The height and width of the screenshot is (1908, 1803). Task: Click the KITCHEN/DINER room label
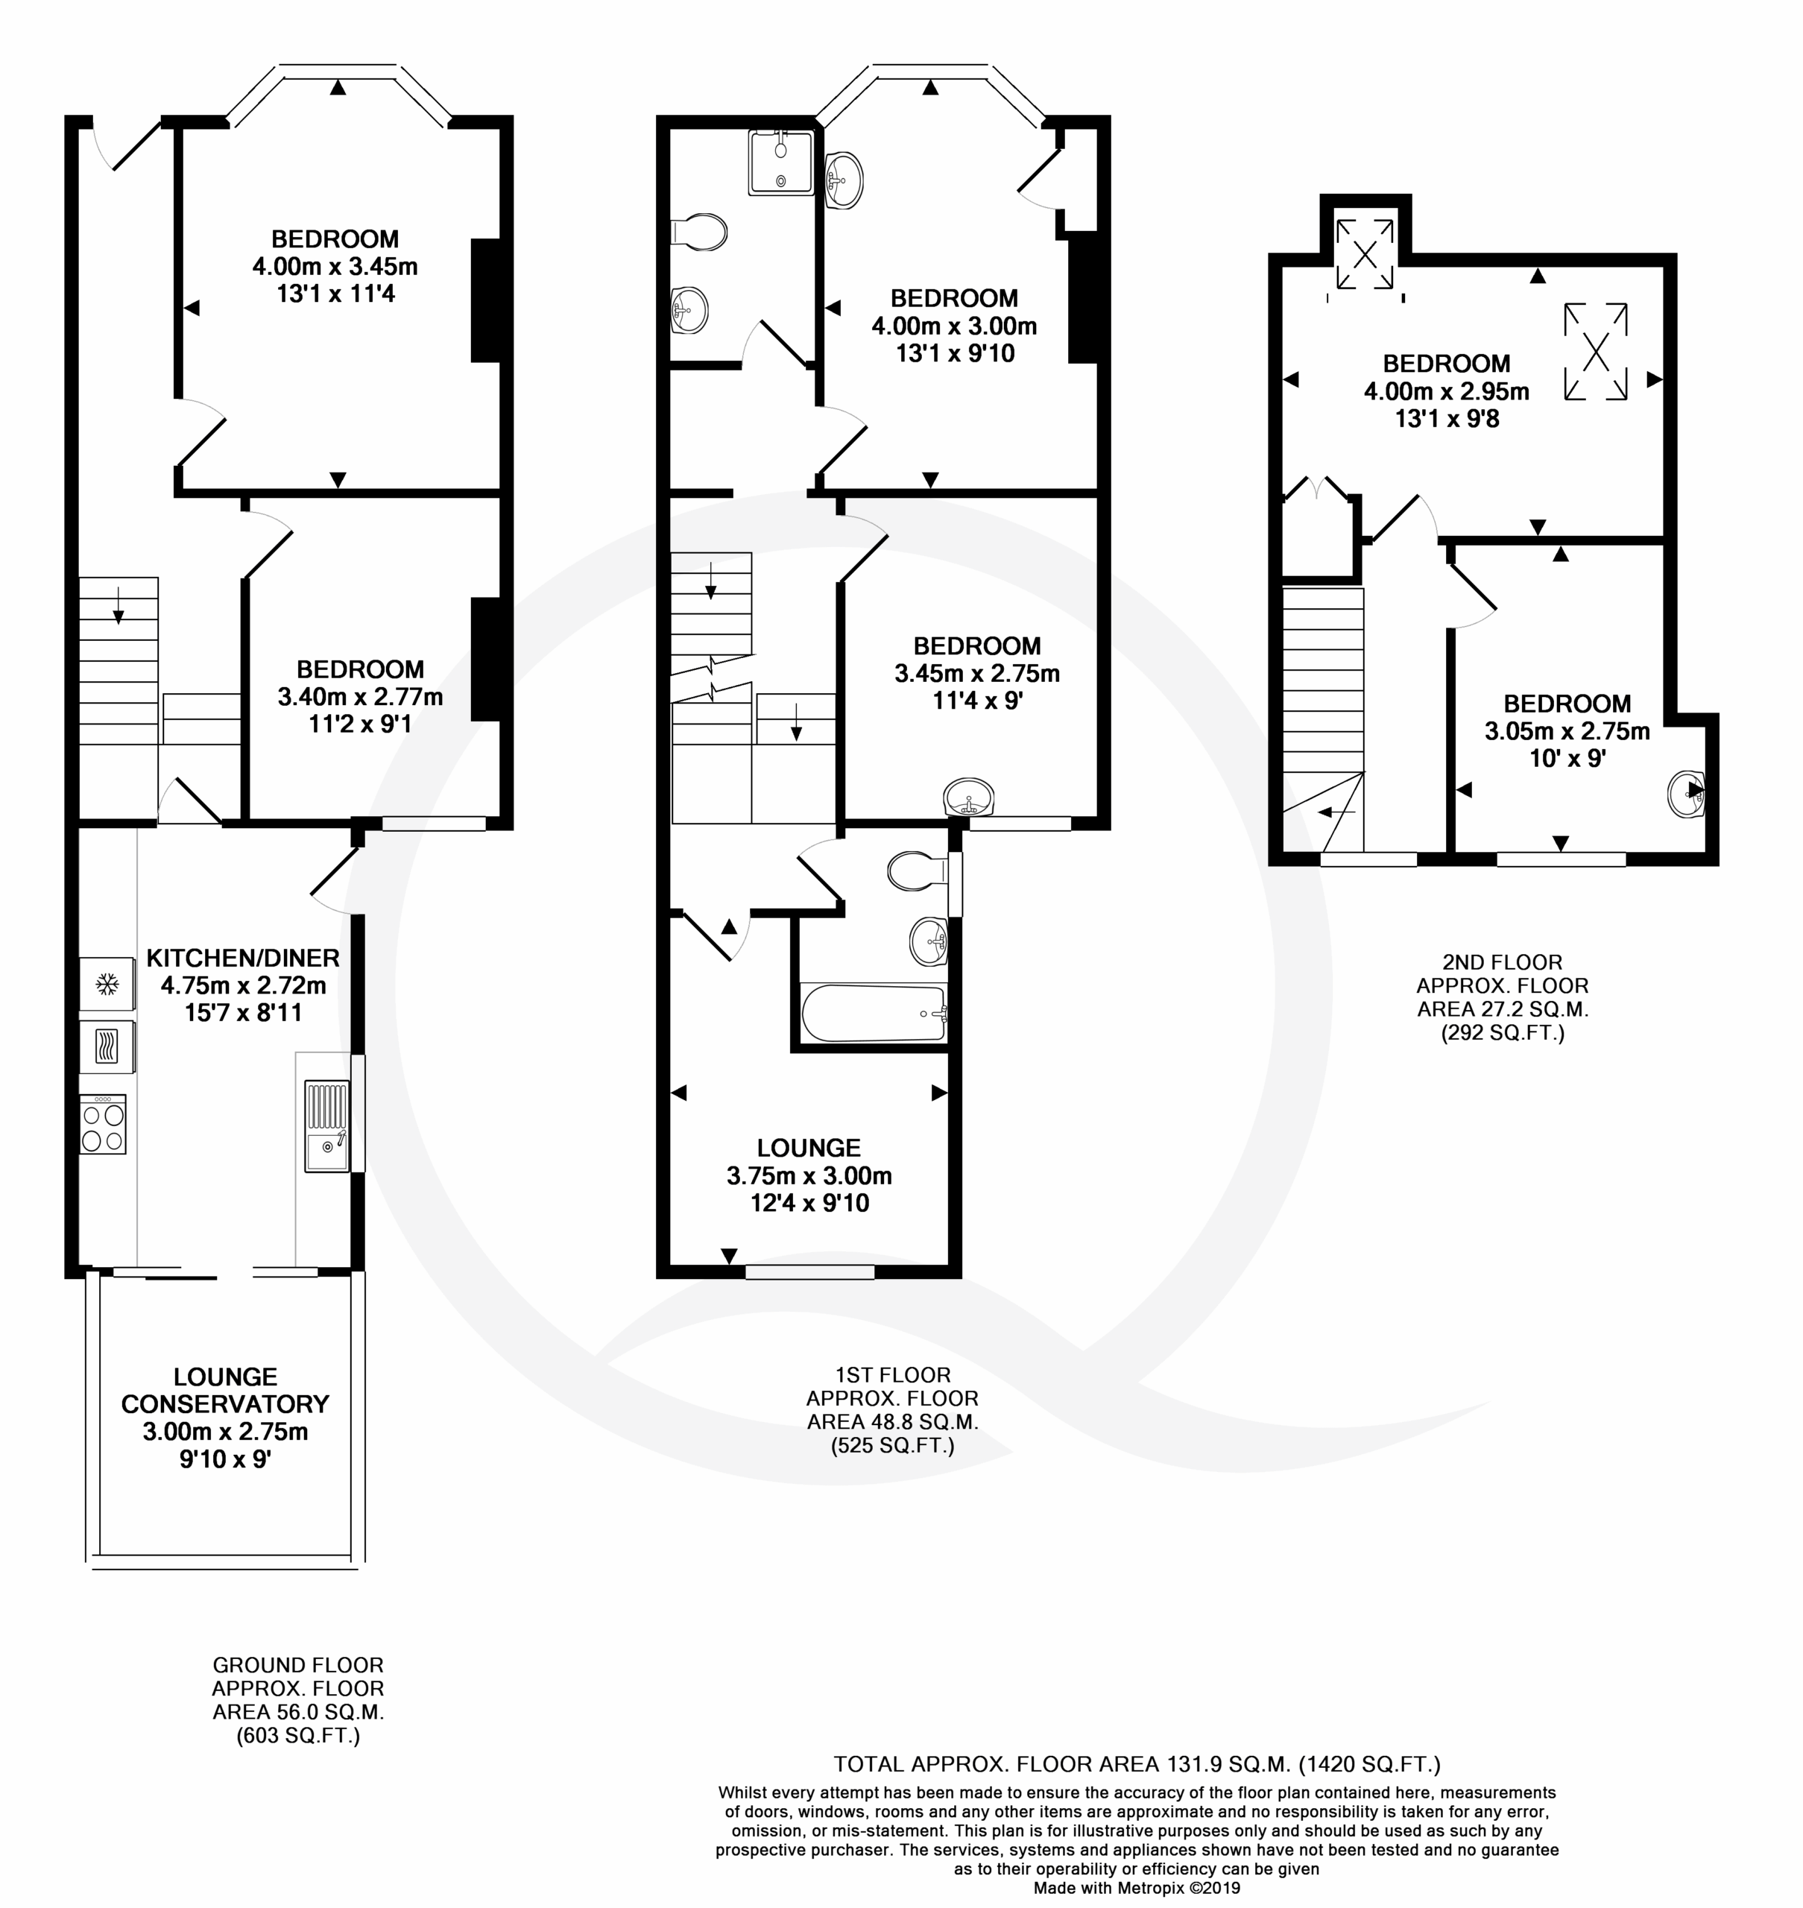point(243,958)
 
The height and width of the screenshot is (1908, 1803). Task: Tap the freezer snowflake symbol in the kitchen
point(107,985)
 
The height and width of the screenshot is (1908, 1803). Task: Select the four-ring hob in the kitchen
point(103,1125)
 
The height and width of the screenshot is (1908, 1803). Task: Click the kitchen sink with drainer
point(326,1126)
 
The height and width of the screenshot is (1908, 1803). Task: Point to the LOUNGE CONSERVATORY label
point(225,1390)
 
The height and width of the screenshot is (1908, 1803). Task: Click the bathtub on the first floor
point(873,1013)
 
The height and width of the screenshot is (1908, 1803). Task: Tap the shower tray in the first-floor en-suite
point(780,162)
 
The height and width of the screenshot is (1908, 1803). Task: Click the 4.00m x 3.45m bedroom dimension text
point(335,266)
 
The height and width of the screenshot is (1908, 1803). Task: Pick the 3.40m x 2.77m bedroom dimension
point(361,697)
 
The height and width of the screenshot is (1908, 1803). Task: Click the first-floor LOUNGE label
point(809,1148)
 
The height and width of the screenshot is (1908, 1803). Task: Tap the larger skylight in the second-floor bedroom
point(1595,352)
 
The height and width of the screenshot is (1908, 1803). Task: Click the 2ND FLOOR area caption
point(1502,998)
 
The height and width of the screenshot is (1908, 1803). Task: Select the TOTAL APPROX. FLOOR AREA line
point(1137,1764)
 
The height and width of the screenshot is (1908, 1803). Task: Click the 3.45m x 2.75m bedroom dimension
point(977,674)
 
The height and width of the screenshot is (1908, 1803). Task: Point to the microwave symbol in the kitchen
point(107,1046)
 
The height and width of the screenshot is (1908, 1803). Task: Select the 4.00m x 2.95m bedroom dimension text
point(1447,391)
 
